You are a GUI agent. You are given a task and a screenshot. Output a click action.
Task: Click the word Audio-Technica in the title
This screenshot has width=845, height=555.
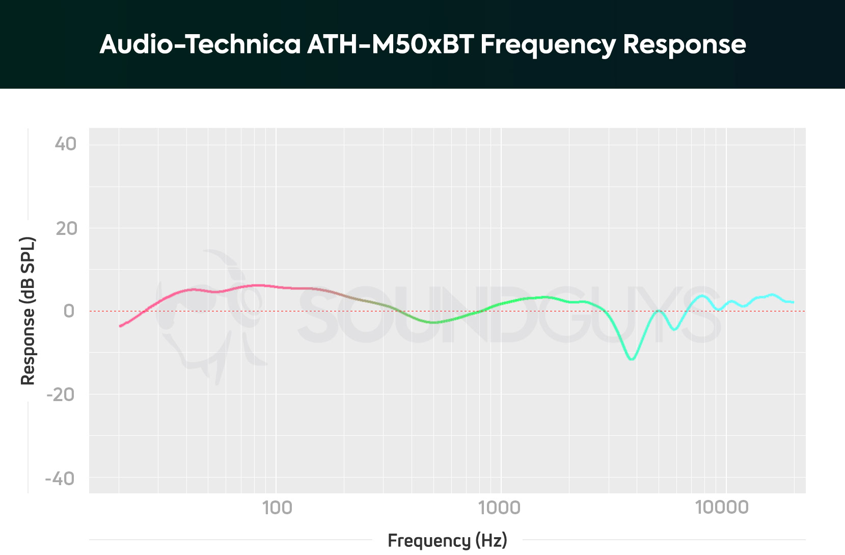pos(200,44)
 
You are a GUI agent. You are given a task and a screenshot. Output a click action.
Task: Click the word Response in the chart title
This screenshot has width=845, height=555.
pos(684,45)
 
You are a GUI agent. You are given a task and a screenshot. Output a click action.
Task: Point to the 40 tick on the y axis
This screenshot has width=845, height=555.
pos(66,144)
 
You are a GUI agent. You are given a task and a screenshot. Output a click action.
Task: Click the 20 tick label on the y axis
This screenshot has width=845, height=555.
pos(66,228)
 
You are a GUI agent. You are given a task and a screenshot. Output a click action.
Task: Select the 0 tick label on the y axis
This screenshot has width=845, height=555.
pos(69,311)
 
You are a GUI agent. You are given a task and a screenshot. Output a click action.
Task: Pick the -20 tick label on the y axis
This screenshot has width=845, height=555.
pos(61,394)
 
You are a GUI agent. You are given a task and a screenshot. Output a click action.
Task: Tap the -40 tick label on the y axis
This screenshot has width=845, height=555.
pos(60,479)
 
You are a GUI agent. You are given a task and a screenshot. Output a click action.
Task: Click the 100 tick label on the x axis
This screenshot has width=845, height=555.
pos(277,508)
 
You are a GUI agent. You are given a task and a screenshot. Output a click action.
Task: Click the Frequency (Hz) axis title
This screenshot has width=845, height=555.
pos(447,540)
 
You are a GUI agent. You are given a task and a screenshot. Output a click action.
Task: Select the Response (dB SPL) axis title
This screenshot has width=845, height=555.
pos(28,311)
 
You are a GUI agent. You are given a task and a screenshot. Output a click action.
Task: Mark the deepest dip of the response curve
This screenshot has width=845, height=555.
pos(632,359)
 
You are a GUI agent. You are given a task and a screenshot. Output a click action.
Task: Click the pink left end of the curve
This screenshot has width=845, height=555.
pos(121,326)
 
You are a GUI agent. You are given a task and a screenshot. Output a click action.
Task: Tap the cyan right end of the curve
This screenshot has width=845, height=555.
pos(793,302)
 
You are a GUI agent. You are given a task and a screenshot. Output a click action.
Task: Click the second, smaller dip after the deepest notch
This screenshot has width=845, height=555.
pos(674,329)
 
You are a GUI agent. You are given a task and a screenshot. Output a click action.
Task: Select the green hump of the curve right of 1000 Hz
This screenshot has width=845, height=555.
pos(545,297)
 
